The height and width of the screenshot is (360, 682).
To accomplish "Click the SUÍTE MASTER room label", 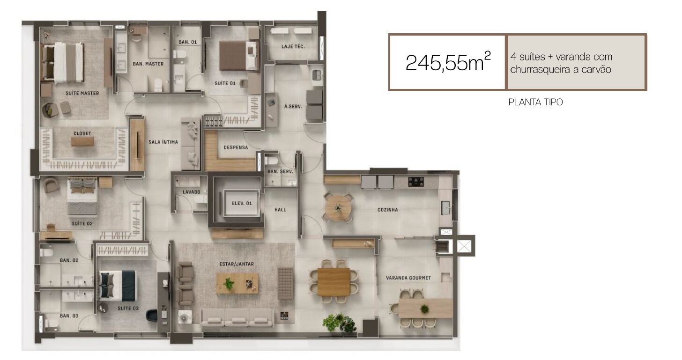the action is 82,93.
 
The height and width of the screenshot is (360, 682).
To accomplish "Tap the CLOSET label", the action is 82,133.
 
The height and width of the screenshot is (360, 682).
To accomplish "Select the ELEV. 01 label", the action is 242,203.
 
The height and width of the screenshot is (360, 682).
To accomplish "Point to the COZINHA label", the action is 387,210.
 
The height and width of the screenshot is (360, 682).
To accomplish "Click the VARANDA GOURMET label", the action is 408,278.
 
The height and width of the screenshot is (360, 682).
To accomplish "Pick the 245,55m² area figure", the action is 448,62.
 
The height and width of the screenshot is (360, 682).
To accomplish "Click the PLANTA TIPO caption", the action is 535,102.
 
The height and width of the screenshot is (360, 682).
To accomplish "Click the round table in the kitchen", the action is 338,207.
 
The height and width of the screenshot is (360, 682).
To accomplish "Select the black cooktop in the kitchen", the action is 416,182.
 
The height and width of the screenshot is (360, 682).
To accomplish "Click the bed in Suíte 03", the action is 118,285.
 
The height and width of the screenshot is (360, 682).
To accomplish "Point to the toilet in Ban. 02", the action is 46,252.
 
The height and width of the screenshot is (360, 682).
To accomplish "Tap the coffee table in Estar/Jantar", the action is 237,283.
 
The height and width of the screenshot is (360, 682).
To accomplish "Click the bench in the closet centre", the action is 82,141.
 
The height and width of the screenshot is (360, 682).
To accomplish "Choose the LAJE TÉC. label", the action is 293,46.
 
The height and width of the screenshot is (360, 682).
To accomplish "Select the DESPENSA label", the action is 236,147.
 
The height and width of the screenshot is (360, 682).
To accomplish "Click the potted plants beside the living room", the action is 339,323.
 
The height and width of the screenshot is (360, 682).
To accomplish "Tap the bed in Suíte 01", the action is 239,56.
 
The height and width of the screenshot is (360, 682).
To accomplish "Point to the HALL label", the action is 280,210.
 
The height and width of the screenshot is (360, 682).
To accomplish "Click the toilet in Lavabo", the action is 200,199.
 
